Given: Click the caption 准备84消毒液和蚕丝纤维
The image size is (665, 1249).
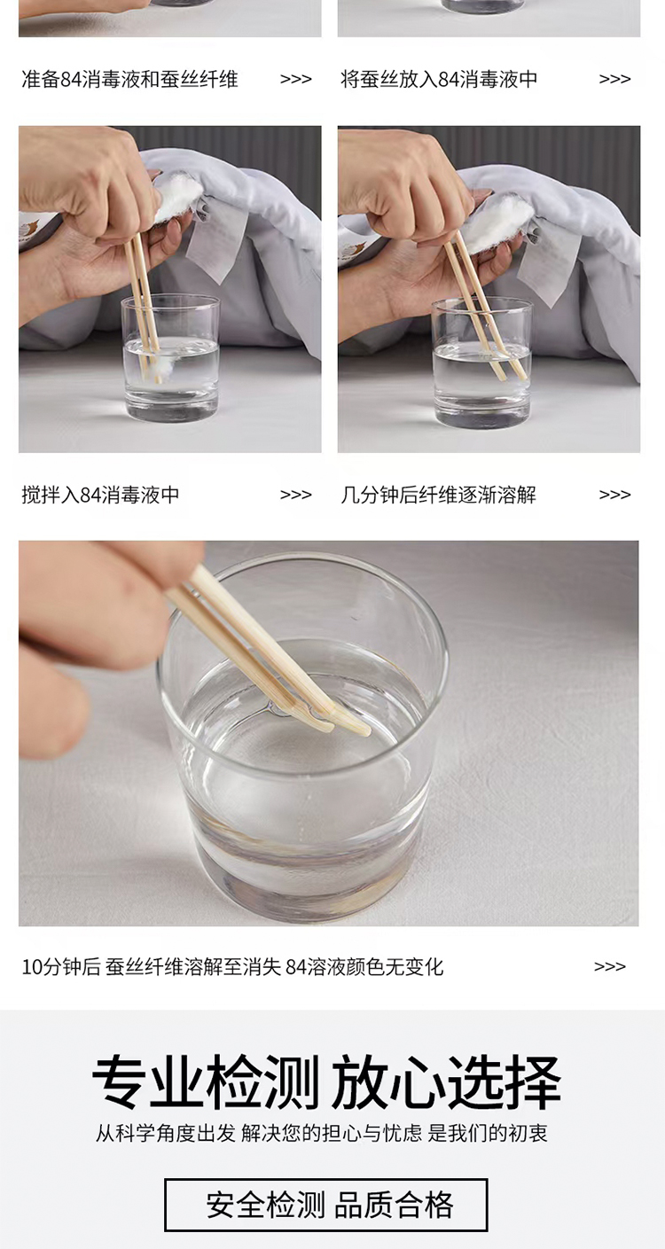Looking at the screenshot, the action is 129,79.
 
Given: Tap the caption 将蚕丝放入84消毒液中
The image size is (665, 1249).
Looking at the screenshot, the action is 439,79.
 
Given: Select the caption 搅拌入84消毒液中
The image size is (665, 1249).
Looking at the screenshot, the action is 100,495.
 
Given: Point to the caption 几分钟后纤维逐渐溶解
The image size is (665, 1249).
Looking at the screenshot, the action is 439,495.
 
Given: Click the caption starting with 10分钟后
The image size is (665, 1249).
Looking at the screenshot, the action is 232,966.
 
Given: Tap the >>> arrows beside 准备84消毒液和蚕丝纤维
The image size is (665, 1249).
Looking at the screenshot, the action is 295,80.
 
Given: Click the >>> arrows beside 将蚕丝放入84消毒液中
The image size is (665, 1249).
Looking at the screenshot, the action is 614,80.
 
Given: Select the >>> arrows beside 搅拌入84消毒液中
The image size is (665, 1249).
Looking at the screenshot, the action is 295,495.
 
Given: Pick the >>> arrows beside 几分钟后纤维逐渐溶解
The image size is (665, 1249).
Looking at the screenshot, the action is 614,495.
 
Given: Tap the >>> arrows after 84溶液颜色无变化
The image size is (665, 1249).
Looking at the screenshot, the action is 610,966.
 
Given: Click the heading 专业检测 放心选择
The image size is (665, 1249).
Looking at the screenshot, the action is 326,1082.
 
